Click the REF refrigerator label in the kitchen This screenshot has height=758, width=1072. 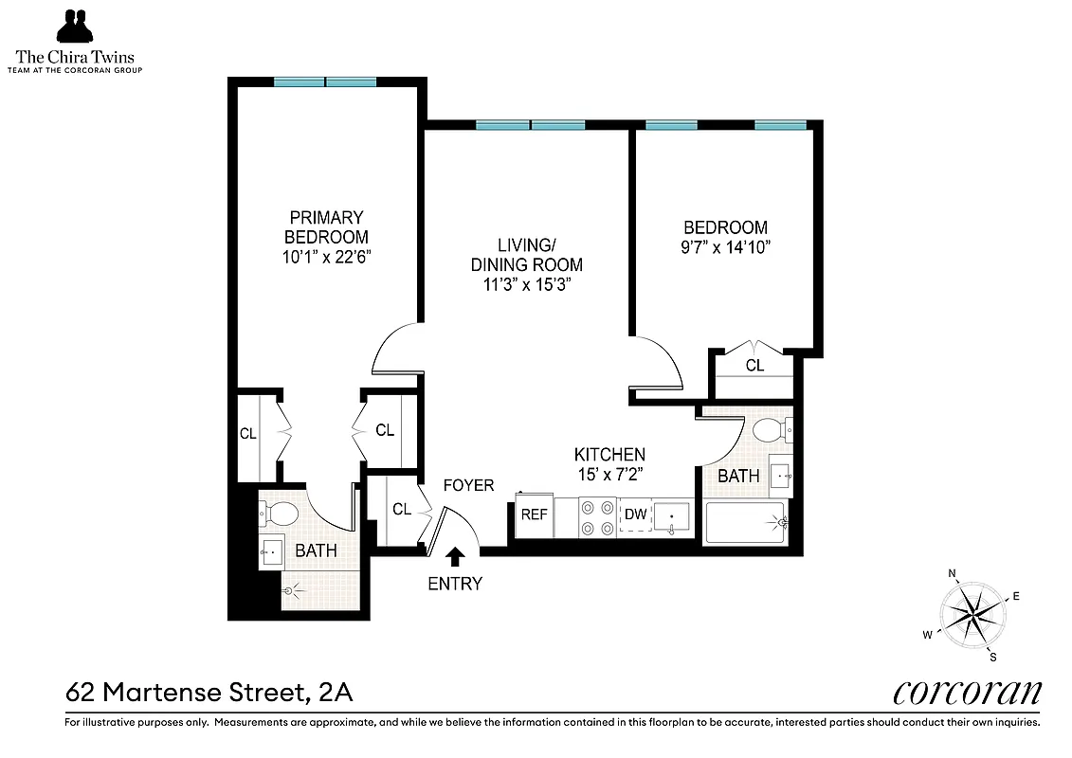tap(533, 514)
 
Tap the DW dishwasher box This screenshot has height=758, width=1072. tap(635, 514)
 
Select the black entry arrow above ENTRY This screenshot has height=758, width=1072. tap(455, 556)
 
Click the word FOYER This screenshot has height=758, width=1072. tap(469, 485)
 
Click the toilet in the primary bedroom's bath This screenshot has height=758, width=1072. tap(280, 514)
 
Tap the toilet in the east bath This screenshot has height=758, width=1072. tap(770, 431)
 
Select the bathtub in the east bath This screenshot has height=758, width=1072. tap(745, 521)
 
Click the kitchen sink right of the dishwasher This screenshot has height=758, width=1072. tap(673, 516)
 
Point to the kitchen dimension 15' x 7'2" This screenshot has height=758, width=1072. tap(609, 474)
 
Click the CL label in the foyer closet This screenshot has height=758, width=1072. tap(402, 509)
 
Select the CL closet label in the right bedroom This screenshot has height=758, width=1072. tap(754, 365)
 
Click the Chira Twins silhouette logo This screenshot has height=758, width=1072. tap(76, 27)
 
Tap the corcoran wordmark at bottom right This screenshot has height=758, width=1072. tap(967, 693)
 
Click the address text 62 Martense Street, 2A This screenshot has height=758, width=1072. tap(209, 694)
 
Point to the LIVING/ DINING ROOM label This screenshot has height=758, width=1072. tap(526, 255)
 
